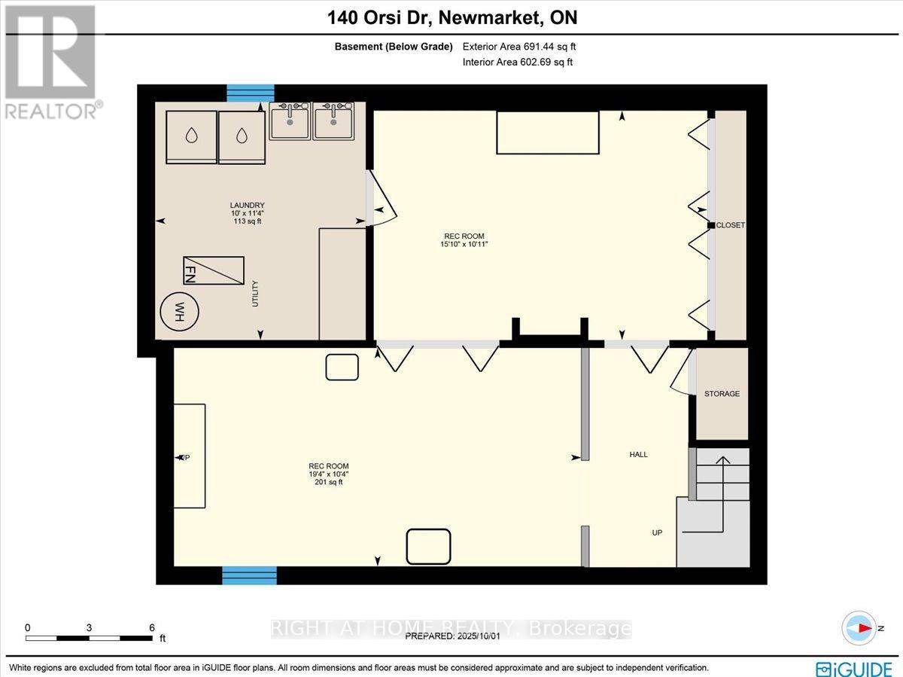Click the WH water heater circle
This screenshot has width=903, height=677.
pyautogui.click(x=178, y=310)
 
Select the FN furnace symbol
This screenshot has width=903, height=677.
pyautogui.click(x=213, y=270)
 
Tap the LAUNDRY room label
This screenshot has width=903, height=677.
pyautogui.click(x=248, y=206)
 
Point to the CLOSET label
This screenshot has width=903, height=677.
pyautogui.click(x=730, y=225)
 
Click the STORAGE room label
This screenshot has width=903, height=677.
pyautogui.click(x=722, y=394)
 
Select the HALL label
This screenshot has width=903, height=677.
pyautogui.click(x=638, y=455)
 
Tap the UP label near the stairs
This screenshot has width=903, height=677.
pyautogui.click(x=657, y=532)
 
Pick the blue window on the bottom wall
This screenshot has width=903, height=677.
pyautogui.click(x=249, y=576)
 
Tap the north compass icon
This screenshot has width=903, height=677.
pyautogui.click(x=858, y=628)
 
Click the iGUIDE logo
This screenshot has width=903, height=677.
pyautogui.click(x=855, y=668)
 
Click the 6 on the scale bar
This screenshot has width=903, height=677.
pyautogui.click(x=152, y=627)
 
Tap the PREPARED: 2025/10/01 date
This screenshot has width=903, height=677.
pyautogui.click(x=452, y=636)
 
